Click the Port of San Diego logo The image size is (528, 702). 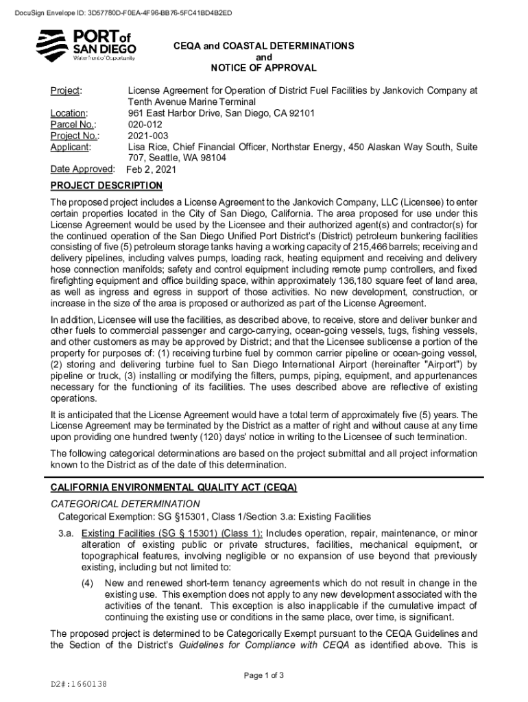86,45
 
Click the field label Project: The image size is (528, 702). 67,90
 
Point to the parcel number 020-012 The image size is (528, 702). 144,124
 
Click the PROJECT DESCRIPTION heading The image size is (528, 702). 106,186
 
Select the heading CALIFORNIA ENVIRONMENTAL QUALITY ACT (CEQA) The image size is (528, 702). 173,487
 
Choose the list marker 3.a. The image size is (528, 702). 65,533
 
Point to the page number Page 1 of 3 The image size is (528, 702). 264,675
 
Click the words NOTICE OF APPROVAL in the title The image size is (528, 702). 264,68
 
